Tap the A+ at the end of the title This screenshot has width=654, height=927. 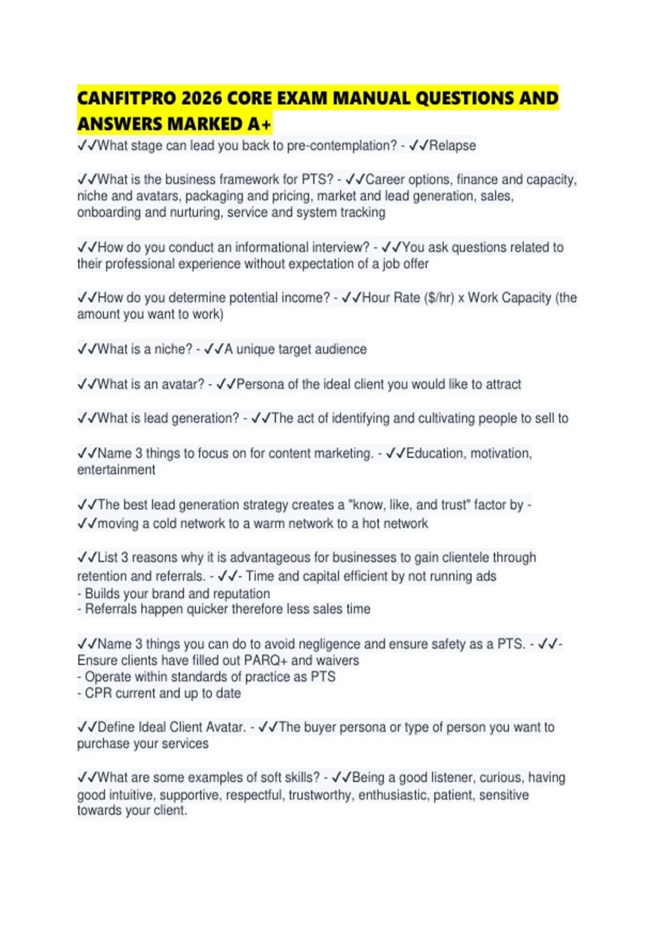(x=259, y=124)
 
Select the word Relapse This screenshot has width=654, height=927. (x=452, y=146)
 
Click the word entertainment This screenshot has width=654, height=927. (x=116, y=469)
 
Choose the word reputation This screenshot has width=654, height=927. (x=243, y=593)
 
